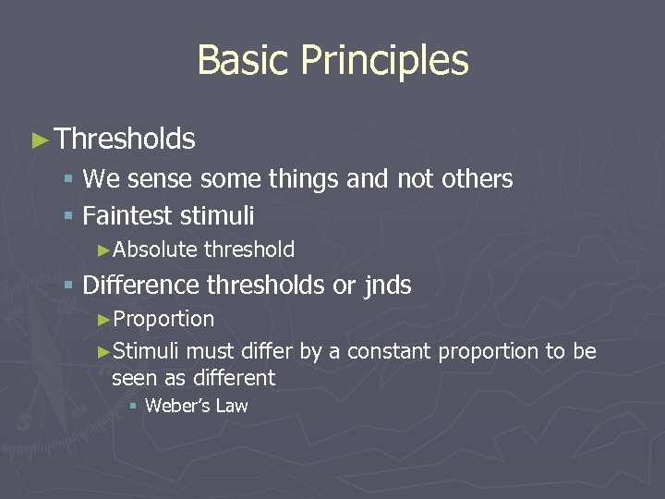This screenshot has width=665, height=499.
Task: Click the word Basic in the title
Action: pos(243,61)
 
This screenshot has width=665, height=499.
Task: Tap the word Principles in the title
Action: pos(384,61)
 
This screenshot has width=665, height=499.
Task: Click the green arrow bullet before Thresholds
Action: pos(39,140)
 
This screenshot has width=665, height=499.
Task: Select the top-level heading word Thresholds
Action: pos(125,140)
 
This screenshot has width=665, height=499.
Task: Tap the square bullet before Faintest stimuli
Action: pos(68,217)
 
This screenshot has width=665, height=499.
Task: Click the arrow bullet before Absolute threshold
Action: pos(103,250)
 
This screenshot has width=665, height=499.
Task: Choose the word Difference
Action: pos(141,286)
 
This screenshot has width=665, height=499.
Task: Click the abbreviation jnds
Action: pos(387,286)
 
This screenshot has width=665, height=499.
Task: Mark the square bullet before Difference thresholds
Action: pos(68,286)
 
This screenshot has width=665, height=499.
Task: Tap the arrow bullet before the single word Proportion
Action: pos(103,320)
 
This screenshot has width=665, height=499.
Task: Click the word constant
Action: pos(390,352)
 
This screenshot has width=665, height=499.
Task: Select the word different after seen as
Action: pos(233,378)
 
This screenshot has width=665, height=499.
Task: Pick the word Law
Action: pos(232,406)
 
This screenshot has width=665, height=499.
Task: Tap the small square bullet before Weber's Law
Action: pos(133,407)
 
